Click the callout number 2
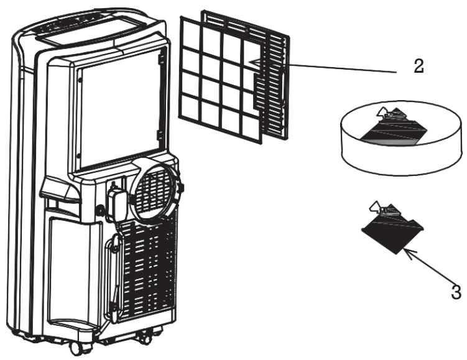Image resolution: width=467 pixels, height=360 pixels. [418, 66]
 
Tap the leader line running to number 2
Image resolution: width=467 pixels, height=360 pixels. [343, 68]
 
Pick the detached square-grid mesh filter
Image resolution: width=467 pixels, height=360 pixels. [221, 80]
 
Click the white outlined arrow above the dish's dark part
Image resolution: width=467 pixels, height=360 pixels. [382, 112]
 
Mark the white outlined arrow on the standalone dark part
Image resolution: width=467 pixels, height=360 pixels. [375, 206]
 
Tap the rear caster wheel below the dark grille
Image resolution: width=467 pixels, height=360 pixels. [146, 336]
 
